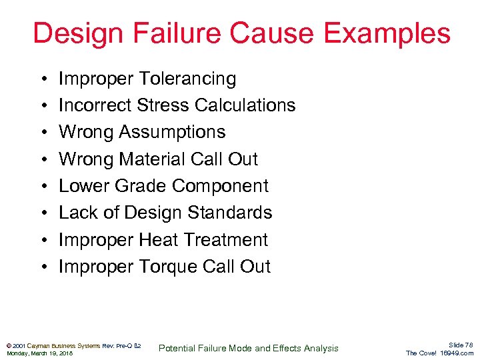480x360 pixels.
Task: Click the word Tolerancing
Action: [x=187, y=79]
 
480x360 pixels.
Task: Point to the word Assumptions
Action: [x=172, y=132]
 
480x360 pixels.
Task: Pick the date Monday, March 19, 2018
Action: [x=39, y=353]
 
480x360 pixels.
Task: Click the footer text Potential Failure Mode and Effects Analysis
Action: [x=248, y=348]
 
